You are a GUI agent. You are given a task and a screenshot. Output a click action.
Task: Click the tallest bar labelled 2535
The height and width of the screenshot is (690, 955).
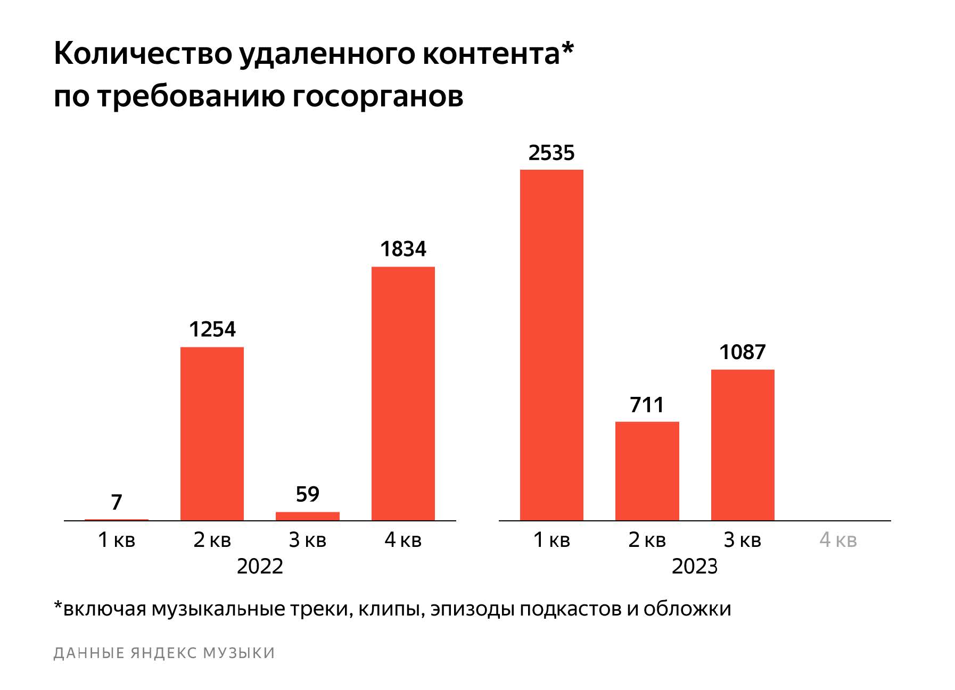[x=551, y=345]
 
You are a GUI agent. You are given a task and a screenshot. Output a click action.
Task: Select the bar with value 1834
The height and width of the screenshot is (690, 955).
[x=403, y=393]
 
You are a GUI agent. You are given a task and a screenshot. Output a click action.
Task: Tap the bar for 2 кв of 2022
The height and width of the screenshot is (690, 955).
[x=212, y=434]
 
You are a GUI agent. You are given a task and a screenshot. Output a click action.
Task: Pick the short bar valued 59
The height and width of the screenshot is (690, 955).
[x=308, y=516]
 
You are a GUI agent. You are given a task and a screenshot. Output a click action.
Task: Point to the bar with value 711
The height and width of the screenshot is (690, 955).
[x=647, y=471]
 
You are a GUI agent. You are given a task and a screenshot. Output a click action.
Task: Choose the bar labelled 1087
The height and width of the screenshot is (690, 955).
[x=743, y=445]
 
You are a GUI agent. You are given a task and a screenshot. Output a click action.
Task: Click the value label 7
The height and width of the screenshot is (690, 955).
[x=117, y=502]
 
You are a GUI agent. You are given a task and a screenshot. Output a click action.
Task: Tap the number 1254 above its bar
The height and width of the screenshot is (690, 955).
[x=212, y=330]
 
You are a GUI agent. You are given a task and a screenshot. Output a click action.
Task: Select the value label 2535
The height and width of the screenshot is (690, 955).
[x=551, y=153]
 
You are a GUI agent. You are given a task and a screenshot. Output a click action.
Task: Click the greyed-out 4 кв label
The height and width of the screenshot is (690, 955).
[x=838, y=540]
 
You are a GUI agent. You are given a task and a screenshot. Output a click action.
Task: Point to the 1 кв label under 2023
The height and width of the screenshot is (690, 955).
[x=551, y=540]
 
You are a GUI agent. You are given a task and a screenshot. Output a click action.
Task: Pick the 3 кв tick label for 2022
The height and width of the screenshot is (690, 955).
[x=308, y=540]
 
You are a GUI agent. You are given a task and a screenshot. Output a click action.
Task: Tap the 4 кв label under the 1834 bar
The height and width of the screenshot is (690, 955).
[x=403, y=540]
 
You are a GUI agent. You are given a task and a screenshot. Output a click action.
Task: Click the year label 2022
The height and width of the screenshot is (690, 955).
[x=260, y=567]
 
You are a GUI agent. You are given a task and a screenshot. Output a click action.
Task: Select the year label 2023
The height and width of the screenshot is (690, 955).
[x=695, y=567]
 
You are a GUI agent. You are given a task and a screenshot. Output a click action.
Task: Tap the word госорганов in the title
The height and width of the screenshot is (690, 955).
[x=377, y=97]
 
